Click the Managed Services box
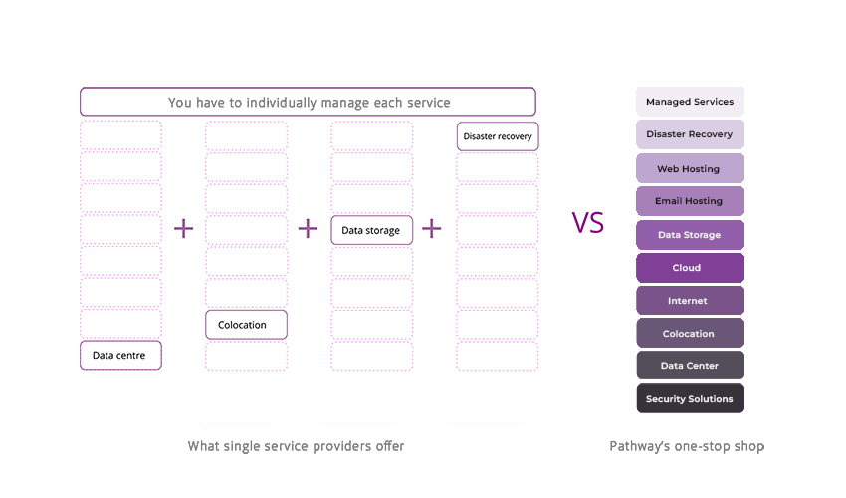click(x=690, y=102)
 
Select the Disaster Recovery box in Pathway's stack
click(x=690, y=134)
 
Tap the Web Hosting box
click(x=690, y=168)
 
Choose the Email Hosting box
click(x=690, y=201)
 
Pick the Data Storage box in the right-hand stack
click(x=690, y=235)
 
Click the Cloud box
click(x=690, y=268)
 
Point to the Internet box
click(x=690, y=301)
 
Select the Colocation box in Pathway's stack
click(x=690, y=334)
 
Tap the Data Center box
click(x=690, y=366)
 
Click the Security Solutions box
click(x=690, y=399)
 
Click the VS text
click(x=588, y=222)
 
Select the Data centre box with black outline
click(x=120, y=355)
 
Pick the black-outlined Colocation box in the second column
click(x=246, y=324)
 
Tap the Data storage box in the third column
click(x=371, y=230)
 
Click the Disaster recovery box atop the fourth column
click(x=498, y=136)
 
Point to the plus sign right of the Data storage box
click(x=431, y=229)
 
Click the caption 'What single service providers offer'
click(x=296, y=446)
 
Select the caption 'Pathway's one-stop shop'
click(x=687, y=446)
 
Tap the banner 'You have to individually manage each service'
click(x=309, y=102)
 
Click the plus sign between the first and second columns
click(x=184, y=229)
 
